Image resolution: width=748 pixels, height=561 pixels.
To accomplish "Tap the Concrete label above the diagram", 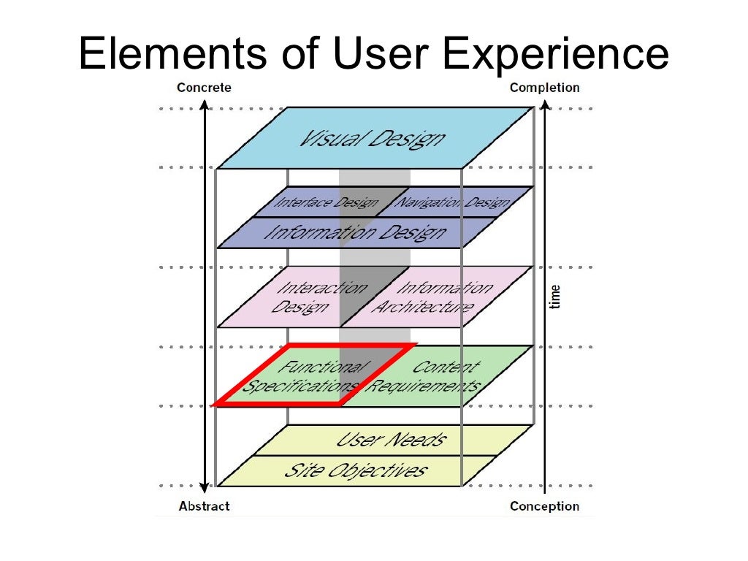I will [204, 88].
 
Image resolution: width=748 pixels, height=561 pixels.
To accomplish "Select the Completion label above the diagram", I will [544, 88].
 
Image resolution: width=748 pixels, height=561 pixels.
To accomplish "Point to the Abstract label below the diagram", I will [204, 506].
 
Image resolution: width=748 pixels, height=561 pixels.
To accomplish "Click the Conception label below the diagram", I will [544, 506].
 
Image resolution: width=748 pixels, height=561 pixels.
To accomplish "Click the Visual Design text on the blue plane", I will [370, 138].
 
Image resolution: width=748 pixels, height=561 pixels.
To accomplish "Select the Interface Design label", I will [325, 202].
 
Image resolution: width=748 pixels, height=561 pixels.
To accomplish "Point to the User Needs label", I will [390, 440].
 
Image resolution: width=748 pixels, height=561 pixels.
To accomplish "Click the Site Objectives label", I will [355, 470].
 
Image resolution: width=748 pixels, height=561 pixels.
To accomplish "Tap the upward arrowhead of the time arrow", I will [545, 110].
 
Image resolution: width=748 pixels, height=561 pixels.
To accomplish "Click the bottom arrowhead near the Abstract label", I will [205, 484].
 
